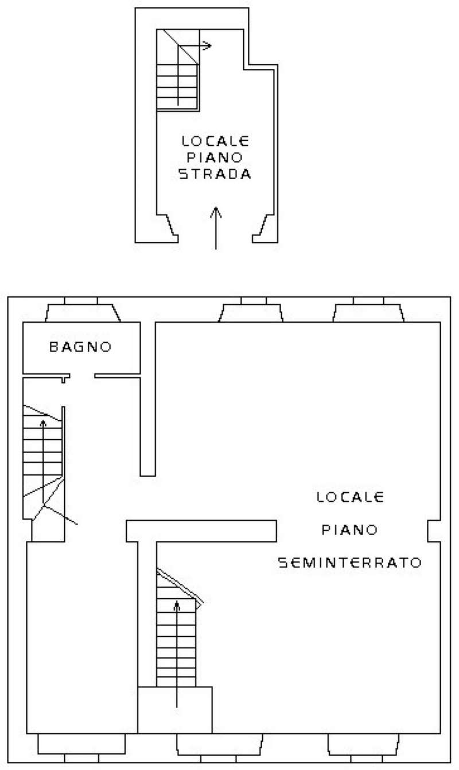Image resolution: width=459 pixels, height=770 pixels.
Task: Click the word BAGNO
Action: point(80,347)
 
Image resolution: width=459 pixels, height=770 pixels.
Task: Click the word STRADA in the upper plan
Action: point(215,175)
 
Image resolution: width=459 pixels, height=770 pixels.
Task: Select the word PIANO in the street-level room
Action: point(215,157)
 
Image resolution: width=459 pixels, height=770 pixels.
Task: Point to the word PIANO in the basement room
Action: point(349,529)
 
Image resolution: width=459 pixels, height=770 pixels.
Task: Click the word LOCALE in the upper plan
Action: point(215,140)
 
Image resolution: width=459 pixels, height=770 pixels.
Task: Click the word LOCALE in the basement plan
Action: point(350,497)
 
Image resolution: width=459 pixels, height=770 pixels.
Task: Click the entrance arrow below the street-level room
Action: point(215,228)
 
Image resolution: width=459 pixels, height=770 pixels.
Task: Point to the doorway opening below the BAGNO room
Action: point(82,377)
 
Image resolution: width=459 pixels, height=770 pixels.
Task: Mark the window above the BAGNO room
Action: point(81,310)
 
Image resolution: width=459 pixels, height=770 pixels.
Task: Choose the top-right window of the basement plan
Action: point(368,310)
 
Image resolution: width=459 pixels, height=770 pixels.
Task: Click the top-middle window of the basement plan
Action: point(252,310)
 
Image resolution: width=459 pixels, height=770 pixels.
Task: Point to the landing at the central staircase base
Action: point(175,710)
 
